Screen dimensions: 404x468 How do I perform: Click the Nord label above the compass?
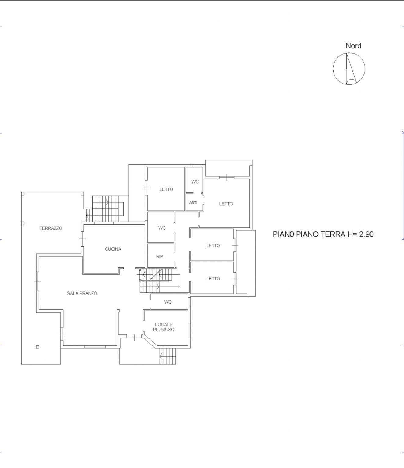[x=353, y=46]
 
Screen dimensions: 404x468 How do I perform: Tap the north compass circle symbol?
[x=349, y=69]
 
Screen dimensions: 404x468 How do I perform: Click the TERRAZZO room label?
[x=51, y=228]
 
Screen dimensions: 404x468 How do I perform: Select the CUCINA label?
[x=113, y=249]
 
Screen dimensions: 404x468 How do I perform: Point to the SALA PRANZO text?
[x=82, y=293]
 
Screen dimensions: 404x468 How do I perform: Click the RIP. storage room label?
[x=160, y=257]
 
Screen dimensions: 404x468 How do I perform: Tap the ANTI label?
[x=193, y=202]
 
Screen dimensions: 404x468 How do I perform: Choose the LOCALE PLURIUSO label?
[x=164, y=327]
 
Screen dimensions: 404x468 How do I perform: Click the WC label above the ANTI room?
[x=195, y=182]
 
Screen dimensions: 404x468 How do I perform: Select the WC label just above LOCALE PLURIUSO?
[x=168, y=302]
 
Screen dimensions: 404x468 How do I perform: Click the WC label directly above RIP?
[x=162, y=228]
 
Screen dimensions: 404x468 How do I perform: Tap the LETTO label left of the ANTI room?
[x=166, y=189]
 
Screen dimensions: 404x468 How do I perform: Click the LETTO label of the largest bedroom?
[x=226, y=204]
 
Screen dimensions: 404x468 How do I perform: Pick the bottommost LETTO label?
[x=213, y=279]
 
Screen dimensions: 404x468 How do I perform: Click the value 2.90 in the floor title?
[x=366, y=234]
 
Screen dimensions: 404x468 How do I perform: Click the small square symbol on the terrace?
[x=38, y=347]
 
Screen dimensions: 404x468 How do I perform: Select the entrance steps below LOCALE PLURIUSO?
[x=168, y=356]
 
